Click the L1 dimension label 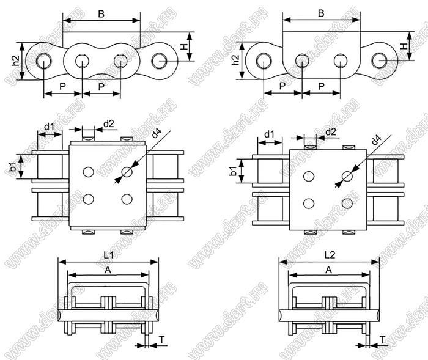[x=108, y=255]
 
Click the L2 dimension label [x=330, y=255]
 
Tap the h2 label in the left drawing [x=16, y=61]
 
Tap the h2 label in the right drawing [x=235, y=61]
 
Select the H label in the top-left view [x=185, y=46]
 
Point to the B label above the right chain [x=321, y=13]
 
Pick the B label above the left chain [x=101, y=14]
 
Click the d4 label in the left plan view [x=157, y=133]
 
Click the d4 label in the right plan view [x=377, y=140]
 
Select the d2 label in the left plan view [x=109, y=124]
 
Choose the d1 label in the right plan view [x=270, y=134]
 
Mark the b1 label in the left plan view [x=13, y=166]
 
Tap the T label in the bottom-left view [x=162, y=340]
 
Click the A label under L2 [x=329, y=270]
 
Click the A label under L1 [x=108, y=270]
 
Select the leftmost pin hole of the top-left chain [x=43, y=61]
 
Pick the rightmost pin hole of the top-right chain [x=380, y=61]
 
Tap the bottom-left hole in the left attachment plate [x=89, y=199]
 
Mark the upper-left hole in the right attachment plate [x=309, y=177]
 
